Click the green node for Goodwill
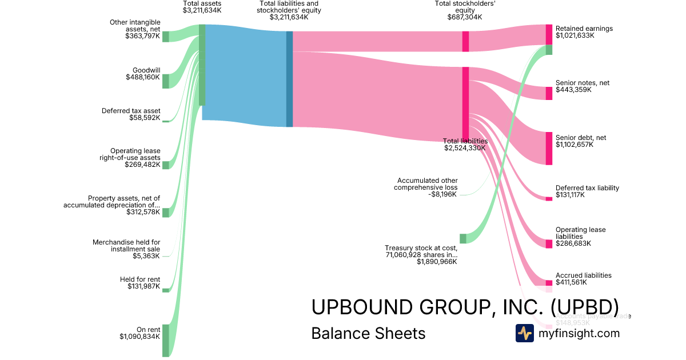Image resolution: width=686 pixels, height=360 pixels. [166, 81]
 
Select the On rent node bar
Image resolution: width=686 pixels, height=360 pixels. [166, 340]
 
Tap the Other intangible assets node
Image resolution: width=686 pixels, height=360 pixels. [166, 37]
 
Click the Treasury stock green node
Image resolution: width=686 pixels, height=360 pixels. [463, 238]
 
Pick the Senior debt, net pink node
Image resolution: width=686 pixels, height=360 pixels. [549, 149]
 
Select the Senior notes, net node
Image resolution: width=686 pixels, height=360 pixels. [549, 93]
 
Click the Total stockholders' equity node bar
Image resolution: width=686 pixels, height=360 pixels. [466, 41]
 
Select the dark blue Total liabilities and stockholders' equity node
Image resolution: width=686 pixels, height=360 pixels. [289, 79]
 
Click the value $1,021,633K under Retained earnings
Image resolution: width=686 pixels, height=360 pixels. [575, 35]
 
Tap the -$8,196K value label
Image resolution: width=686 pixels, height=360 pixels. [443, 194]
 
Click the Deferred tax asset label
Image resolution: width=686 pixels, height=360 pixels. [131, 111]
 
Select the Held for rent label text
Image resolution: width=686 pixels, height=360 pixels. [139, 279]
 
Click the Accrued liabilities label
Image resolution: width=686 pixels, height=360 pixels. [583, 275]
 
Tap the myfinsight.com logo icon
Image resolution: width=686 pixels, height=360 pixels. [524, 333]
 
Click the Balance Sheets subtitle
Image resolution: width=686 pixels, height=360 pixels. [368, 334]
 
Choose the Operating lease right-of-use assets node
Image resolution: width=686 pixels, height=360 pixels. [166, 165]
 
